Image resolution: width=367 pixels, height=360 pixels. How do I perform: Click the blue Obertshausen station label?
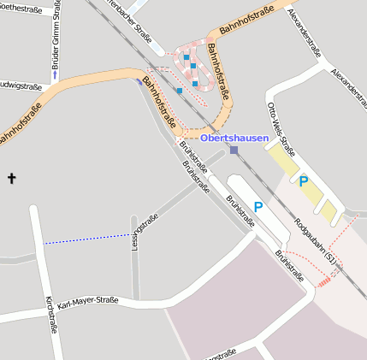[234, 138]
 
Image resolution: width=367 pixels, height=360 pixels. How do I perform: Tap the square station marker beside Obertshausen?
[234, 150]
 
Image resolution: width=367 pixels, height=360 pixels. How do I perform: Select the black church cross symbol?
[12, 179]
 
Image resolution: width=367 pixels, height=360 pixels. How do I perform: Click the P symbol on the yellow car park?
[303, 181]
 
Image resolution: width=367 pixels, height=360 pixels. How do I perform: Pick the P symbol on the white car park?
[258, 207]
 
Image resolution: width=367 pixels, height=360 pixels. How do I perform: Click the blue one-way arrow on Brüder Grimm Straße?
[56, 75]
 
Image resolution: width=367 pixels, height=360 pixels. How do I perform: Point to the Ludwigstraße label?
[21, 86]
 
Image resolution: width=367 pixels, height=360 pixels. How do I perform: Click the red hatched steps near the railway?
[323, 280]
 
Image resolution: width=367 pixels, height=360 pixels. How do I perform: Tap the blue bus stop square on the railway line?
[180, 90]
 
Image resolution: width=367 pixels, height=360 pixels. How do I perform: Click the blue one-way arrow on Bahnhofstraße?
[139, 81]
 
